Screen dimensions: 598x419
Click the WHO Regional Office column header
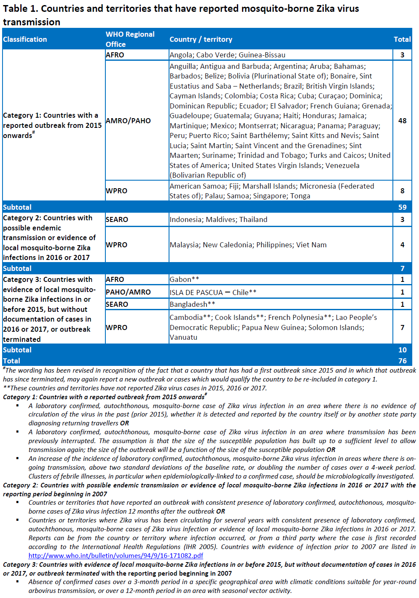tap(130, 39)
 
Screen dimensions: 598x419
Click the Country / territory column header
tap(201, 39)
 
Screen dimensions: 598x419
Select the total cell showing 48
tap(402, 121)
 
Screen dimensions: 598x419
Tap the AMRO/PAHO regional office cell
tap(128, 121)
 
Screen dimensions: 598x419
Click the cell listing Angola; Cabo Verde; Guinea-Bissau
tap(228, 55)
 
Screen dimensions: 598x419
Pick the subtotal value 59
tap(402, 207)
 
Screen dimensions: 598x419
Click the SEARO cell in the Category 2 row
tap(117, 219)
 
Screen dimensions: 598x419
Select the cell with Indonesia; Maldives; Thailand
tap(218, 219)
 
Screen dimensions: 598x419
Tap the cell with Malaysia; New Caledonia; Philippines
tap(248, 245)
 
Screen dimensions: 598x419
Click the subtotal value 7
tap(402, 268)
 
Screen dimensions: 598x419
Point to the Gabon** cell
tap(184, 279)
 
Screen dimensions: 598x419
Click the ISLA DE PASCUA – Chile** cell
tap(213, 292)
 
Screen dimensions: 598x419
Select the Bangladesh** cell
tap(192, 304)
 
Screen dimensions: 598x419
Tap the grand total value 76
tap(402, 361)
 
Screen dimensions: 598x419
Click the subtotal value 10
tap(402, 350)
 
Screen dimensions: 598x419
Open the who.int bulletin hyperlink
tap(115, 556)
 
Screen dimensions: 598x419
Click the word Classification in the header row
tap(25, 39)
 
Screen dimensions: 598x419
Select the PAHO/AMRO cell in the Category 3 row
tap(128, 292)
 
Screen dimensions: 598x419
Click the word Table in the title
tap(15, 8)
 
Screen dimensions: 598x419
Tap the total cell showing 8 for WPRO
tap(402, 191)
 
